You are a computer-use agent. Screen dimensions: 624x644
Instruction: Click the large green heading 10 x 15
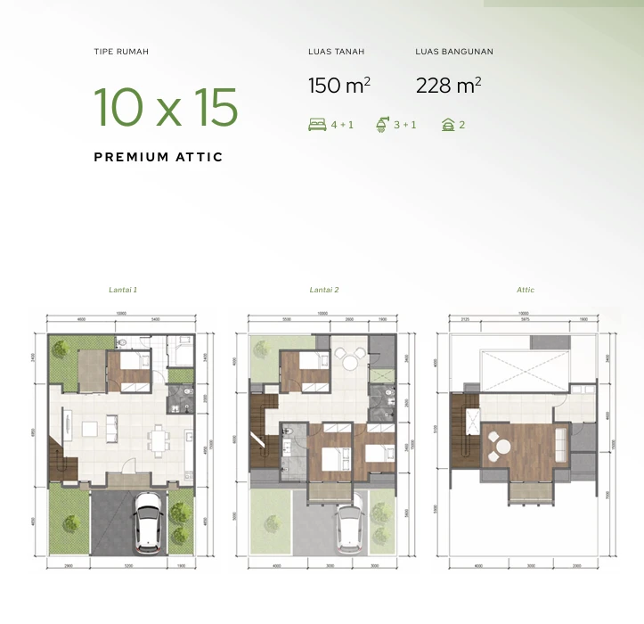(x=166, y=107)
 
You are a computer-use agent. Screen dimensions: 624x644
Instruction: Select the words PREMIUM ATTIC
(x=159, y=157)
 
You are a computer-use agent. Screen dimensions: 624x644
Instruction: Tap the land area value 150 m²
(x=339, y=86)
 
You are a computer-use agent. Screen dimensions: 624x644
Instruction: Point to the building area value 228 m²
(x=448, y=86)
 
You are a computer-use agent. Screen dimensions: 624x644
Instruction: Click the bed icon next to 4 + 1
(x=316, y=125)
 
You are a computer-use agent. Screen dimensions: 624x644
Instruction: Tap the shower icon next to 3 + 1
(x=383, y=125)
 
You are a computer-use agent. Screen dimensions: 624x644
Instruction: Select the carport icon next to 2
(x=447, y=125)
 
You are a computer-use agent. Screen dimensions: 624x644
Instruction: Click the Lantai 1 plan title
(x=123, y=290)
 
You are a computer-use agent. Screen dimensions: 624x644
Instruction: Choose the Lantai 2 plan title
(x=324, y=290)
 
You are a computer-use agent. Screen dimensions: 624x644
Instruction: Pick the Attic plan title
(x=526, y=290)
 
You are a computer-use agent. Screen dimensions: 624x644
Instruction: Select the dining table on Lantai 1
(x=159, y=439)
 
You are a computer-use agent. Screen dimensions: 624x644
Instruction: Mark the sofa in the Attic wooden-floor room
(x=560, y=439)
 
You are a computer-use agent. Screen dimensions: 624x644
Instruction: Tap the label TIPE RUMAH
(x=121, y=52)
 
